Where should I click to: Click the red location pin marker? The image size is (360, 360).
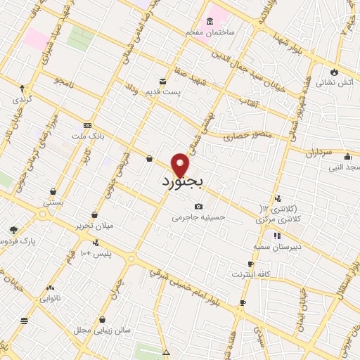tap(181, 165)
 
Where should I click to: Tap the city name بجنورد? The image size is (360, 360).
tap(181, 182)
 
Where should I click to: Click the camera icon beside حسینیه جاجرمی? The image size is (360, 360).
tap(199, 206)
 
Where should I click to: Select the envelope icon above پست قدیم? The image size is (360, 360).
tap(163, 82)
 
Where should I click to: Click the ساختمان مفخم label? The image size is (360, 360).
tap(210, 33)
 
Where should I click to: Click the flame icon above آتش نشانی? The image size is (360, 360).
tap(333, 72)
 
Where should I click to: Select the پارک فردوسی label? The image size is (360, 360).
tap(18, 240)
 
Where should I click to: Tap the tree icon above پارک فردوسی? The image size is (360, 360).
tap(13, 229)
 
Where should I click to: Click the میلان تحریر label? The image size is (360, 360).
tap(96, 226)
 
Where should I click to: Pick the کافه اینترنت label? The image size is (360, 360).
tap(252, 273)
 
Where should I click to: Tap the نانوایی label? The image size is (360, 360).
tap(50, 298)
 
